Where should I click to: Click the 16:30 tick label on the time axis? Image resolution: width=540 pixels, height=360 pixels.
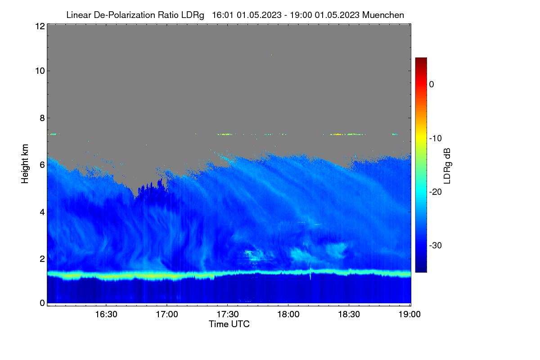point(106,315)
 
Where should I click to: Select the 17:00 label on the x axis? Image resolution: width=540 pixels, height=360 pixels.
point(167,315)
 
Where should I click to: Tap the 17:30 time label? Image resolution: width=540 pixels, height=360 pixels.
point(228,315)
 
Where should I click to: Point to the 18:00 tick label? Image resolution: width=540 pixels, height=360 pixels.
point(288,315)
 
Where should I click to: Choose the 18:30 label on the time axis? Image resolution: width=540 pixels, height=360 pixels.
point(349,315)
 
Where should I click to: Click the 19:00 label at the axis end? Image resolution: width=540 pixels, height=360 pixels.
point(409,315)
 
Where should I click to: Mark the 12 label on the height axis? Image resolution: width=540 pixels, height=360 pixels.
point(40,26)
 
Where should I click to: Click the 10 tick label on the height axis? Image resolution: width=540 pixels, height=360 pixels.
point(40,71)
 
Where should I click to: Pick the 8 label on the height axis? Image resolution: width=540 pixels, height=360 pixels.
point(42,118)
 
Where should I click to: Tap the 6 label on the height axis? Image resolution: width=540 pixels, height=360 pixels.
point(42,165)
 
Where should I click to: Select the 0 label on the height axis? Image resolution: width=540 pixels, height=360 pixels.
point(42,303)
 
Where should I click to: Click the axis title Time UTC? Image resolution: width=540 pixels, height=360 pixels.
point(229,324)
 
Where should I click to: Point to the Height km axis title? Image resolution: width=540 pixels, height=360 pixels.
point(25,164)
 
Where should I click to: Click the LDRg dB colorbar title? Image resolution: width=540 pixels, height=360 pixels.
point(447,166)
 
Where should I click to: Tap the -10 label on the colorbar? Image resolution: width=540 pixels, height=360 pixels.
point(436,139)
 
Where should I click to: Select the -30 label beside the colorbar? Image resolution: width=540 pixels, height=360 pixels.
point(436,245)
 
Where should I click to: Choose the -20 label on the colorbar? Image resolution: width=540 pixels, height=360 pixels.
point(436,192)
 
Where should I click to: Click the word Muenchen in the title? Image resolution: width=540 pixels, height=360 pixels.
point(383,15)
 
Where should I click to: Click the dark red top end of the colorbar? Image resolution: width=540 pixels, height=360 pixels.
point(421,59)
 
